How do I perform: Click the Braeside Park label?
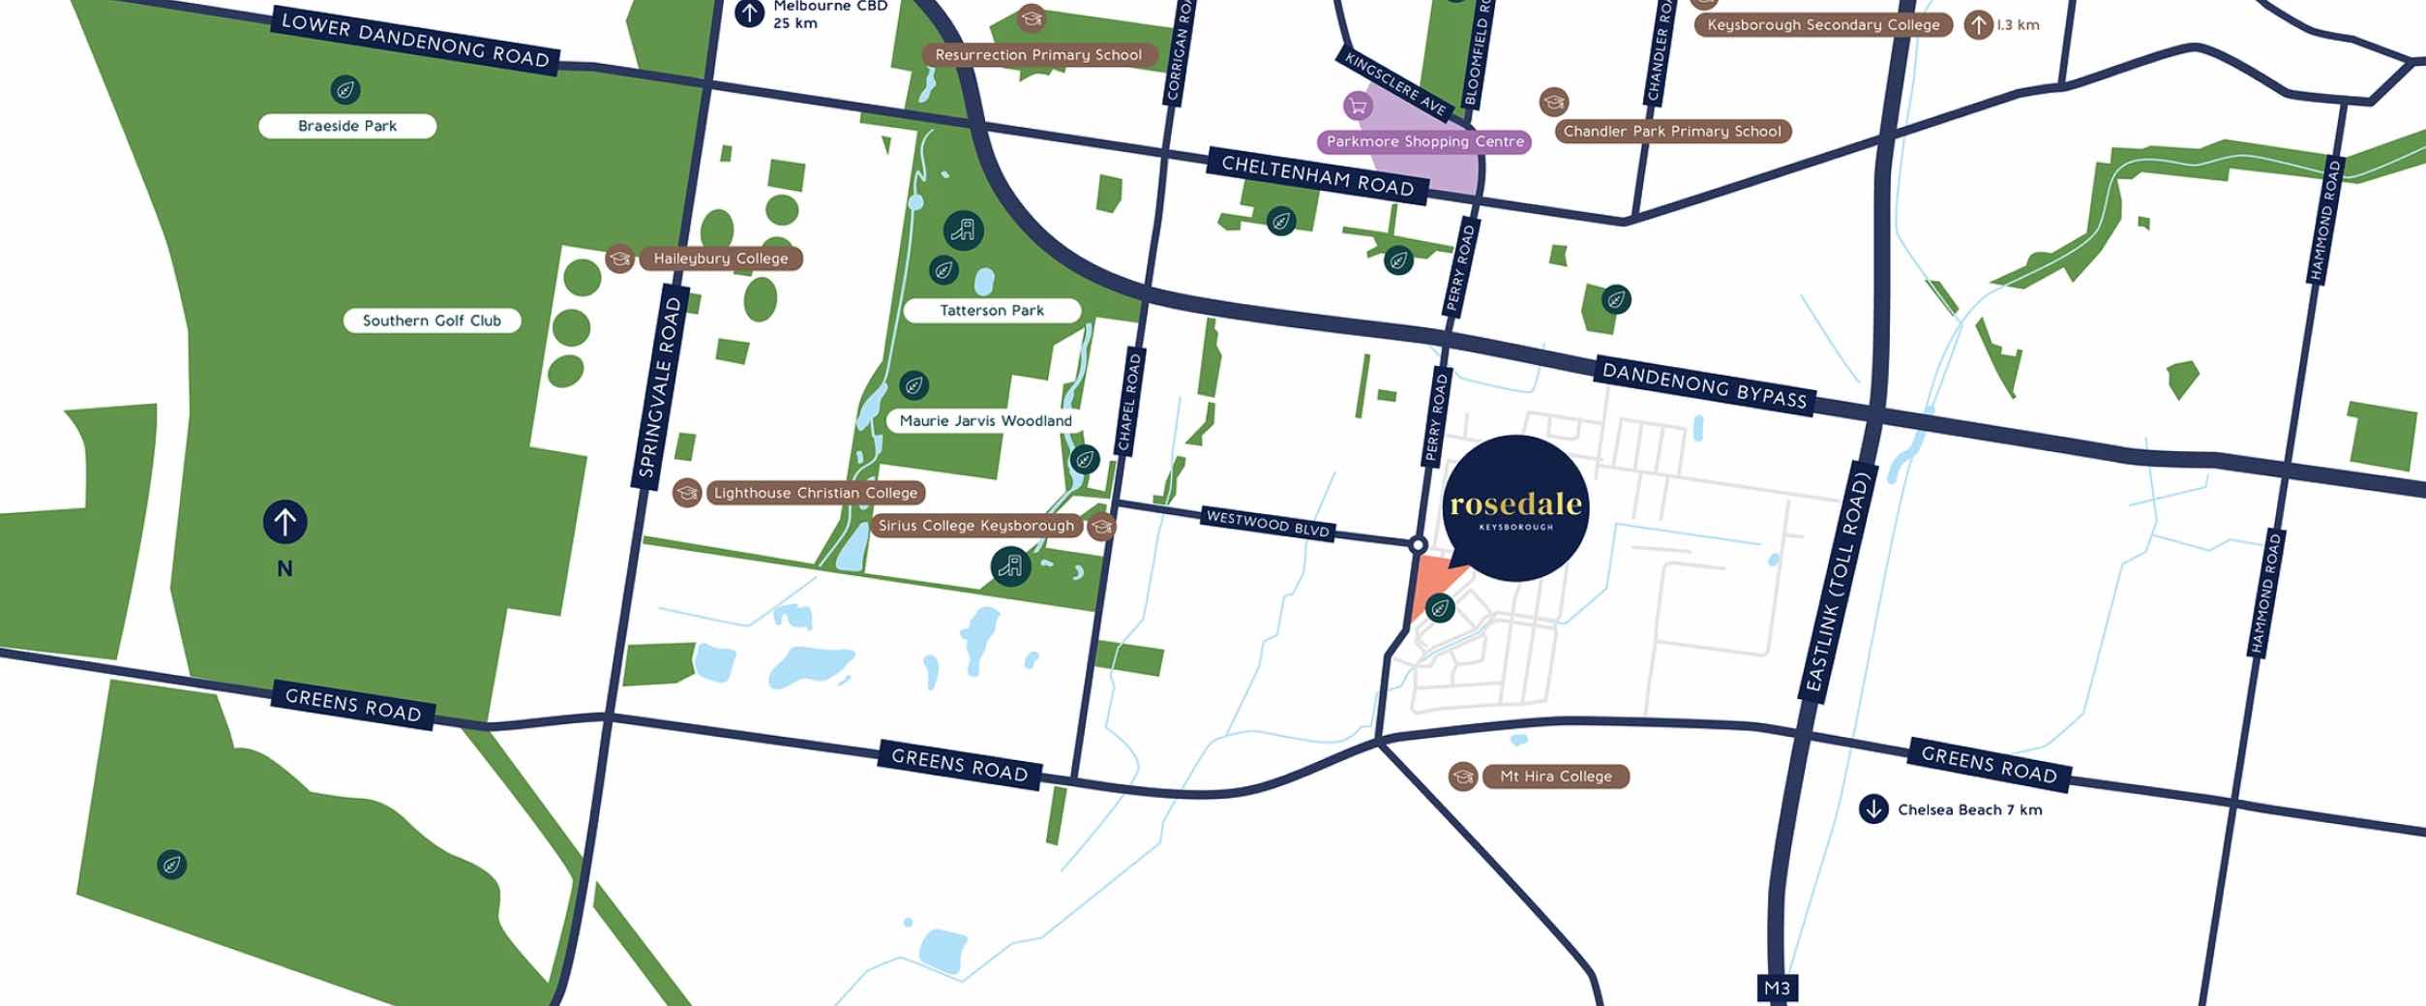point(347,126)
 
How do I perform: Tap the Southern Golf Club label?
point(432,320)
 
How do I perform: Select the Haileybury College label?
point(720,259)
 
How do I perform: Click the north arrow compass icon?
point(285,522)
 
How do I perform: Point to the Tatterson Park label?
point(992,311)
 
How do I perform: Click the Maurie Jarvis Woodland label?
point(985,420)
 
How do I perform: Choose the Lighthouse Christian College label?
point(815,493)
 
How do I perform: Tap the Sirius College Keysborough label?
point(975,526)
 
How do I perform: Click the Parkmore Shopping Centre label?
point(1424,141)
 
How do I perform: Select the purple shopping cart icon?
point(1358,105)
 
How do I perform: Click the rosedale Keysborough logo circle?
point(1515,508)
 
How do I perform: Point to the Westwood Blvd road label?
point(1268,524)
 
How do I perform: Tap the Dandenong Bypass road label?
point(1704,385)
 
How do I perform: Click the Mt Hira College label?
point(1555,777)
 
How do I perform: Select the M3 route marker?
point(1777,989)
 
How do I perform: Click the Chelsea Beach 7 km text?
point(1968,809)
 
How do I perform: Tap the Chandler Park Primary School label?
point(1671,132)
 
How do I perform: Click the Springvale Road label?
point(662,387)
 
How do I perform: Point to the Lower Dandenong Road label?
point(415,40)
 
